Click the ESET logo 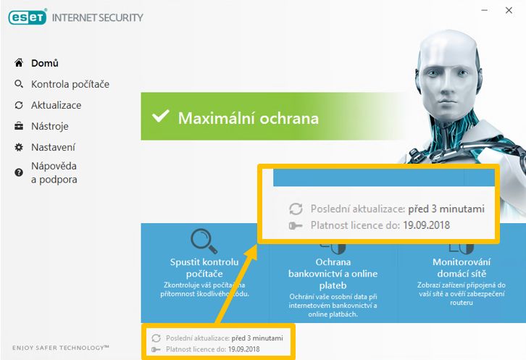(28, 17)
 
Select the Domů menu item (45, 63)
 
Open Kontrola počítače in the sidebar (70, 84)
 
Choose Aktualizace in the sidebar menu (56, 105)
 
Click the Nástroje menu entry (50, 126)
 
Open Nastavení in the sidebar (53, 147)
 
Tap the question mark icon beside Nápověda (19, 172)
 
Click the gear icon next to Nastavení (19, 147)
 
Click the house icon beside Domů (19, 63)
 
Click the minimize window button (484, 10)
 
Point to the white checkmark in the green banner (160, 117)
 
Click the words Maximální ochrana (249, 118)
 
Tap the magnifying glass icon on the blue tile (204, 240)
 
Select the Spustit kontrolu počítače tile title (204, 268)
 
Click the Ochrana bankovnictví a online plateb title (333, 273)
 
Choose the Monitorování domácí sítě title (462, 268)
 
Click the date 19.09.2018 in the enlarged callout (426, 225)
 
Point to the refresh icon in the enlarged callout (296, 209)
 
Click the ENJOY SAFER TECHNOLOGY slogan (61, 348)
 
